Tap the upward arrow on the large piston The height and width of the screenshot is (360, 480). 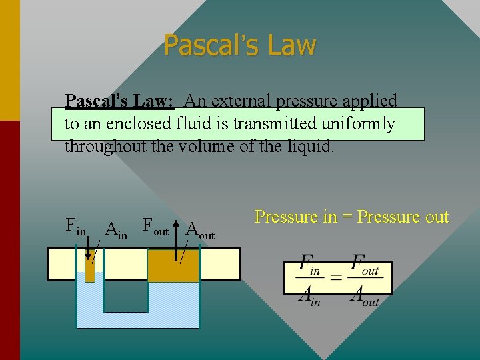177,243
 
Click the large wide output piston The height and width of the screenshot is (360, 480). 173,265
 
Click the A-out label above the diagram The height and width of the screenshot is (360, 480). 200,231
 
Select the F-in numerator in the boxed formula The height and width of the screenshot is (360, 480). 311,264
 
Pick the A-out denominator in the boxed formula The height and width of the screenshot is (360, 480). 365,296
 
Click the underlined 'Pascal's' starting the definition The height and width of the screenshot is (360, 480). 93,101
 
